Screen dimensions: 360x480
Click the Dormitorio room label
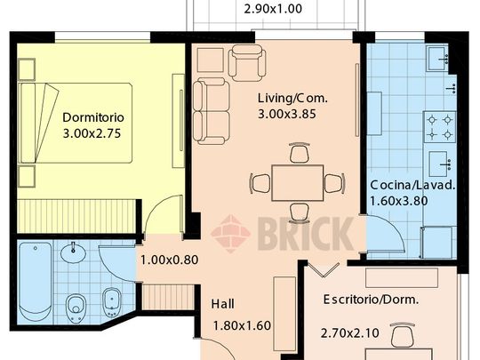pyautogui.click(x=92, y=117)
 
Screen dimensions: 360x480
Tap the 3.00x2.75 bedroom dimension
pyautogui.click(x=92, y=134)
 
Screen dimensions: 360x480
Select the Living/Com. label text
pyautogui.click(x=290, y=97)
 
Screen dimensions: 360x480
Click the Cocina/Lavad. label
pyautogui.click(x=412, y=185)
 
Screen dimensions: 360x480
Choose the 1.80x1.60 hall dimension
pyautogui.click(x=242, y=325)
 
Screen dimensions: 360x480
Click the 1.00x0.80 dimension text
pyautogui.click(x=169, y=261)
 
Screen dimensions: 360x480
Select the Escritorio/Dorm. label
pyautogui.click(x=383, y=300)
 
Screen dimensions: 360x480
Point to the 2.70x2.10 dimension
pyautogui.click(x=350, y=334)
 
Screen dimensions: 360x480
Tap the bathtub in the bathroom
pyautogui.click(x=35, y=281)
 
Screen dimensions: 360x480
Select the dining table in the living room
pyautogui.click(x=297, y=183)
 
